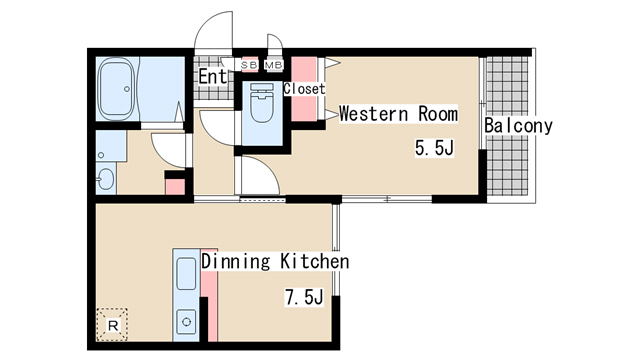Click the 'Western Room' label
point(398,113)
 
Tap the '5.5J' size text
point(434,147)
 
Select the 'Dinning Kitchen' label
point(275,261)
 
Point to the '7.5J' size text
point(304,297)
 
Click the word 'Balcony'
point(518,125)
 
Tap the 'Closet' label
point(304,89)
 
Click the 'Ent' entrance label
point(212,76)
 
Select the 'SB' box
point(249,65)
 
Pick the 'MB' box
point(273,65)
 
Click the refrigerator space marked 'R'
point(112,325)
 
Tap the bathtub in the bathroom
point(117,89)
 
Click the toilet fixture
point(262,103)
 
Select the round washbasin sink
point(106,179)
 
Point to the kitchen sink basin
point(187,273)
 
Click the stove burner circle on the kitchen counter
point(187,322)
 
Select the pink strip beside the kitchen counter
point(210,295)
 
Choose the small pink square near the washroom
point(175,187)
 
